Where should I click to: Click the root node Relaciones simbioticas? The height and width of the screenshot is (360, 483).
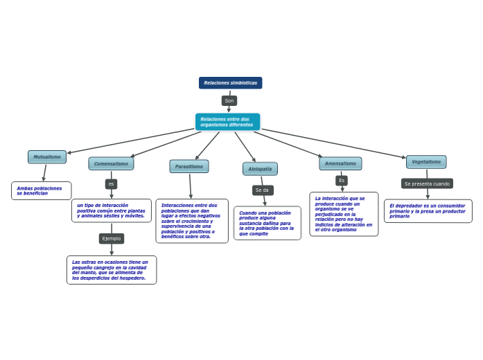(230, 83)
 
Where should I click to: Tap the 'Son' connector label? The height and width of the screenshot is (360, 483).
(229, 101)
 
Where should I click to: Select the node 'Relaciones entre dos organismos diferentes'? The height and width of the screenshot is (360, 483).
(227, 122)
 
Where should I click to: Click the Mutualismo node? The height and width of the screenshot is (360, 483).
(47, 157)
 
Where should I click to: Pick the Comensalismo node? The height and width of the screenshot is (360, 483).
(111, 164)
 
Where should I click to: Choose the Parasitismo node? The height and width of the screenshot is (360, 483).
(189, 167)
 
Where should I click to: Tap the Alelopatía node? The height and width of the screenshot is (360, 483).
(260, 169)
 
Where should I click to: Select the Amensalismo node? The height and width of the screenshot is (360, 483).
(340, 164)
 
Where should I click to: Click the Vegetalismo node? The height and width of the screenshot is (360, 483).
(426, 162)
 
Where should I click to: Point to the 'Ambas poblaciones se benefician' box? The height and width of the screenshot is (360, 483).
(42, 191)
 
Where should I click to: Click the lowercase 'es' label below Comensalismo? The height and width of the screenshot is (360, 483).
(111, 184)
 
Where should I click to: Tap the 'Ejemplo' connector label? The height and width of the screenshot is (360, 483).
(112, 239)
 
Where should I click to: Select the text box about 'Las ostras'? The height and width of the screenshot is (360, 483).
(112, 270)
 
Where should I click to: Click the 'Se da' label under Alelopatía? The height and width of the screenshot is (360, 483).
(263, 190)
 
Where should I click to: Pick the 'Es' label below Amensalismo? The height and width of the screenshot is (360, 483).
(342, 181)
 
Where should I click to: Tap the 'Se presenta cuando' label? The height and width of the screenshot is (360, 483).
(427, 184)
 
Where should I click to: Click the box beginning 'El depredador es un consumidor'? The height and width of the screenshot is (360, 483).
(428, 211)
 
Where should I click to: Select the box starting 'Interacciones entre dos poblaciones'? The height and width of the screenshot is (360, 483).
(192, 221)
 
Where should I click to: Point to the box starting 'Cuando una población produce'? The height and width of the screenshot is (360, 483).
(267, 224)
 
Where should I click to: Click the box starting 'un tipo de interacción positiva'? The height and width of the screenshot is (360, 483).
(112, 211)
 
